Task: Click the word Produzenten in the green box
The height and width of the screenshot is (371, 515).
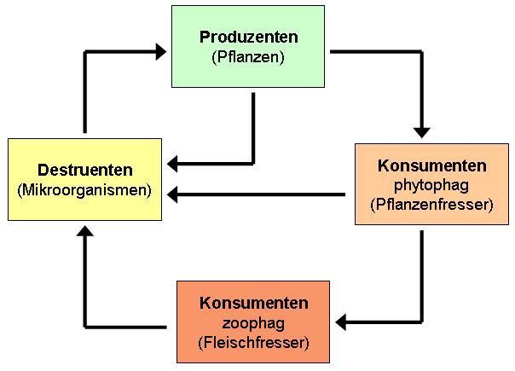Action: [x=248, y=38]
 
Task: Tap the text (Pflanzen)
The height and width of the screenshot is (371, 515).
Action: [x=248, y=57]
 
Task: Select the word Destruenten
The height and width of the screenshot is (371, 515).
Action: [x=84, y=171]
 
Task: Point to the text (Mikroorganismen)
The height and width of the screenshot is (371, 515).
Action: [x=84, y=189]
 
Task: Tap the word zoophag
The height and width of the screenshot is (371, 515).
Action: [x=253, y=324]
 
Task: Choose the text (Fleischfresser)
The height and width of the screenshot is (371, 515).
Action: [x=253, y=343]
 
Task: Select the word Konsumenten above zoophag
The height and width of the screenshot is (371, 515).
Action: [x=253, y=304]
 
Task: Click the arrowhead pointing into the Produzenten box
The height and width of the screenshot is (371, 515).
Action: [x=159, y=52]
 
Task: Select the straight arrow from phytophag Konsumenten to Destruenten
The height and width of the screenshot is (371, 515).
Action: [x=256, y=195]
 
